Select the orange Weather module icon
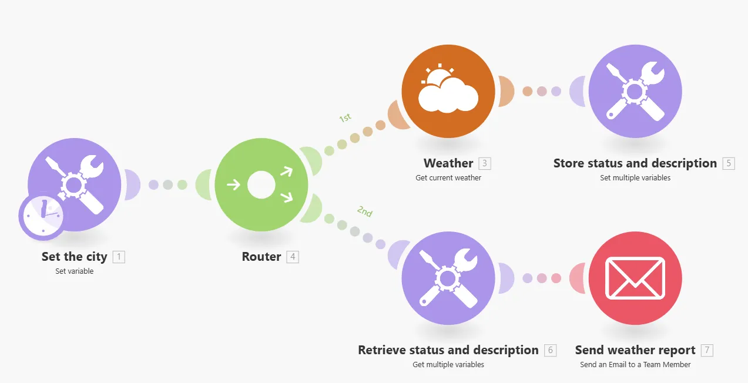pyautogui.click(x=448, y=91)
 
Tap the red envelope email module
pyautogui.click(x=635, y=278)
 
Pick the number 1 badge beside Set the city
pyautogui.click(x=119, y=257)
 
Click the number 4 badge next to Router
pyautogui.click(x=293, y=257)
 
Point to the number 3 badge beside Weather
pyautogui.click(x=484, y=163)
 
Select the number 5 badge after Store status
pyautogui.click(x=729, y=163)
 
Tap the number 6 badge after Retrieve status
pyautogui.click(x=550, y=351)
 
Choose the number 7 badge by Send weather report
pyautogui.click(x=707, y=351)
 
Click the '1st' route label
pyautogui.click(x=345, y=118)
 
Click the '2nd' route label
pyautogui.click(x=364, y=212)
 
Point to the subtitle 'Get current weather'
pyautogui.click(x=448, y=177)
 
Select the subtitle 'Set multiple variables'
pyautogui.click(x=635, y=177)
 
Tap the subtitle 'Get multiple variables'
pyautogui.click(x=448, y=364)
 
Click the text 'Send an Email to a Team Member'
pyautogui.click(x=635, y=364)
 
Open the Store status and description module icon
pyautogui.click(x=635, y=91)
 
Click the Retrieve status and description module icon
pyautogui.click(x=448, y=278)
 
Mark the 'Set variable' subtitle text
pyautogui.click(x=75, y=271)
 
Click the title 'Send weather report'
pyautogui.click(x=635, y=350)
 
